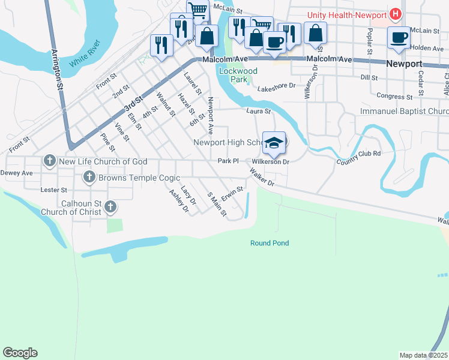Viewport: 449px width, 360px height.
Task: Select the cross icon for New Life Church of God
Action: pyautogui.click(x=49, y=161)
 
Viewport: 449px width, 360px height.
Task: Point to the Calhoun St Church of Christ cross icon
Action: pyautogui.click(x=110, y=207)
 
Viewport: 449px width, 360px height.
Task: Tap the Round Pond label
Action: pyautogui.click(x=270, y=243)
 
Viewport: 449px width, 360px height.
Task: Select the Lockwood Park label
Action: pyautogui.click(x=238, y=75)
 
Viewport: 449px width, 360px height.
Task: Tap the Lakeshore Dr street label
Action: pyautogui.click(x=277, y=86)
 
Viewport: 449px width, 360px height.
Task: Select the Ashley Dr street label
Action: pyautogui.click(x=179, y=201)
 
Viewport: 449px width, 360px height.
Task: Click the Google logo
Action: pyautogui.click(x=20, y=353)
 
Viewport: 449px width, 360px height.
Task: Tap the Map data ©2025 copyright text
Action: pyautogui.click(x=423, y=355)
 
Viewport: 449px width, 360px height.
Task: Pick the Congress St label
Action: pyautogui.click(x=394, y=96)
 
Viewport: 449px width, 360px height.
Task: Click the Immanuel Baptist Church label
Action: pyautogui.click(x=404, y=112)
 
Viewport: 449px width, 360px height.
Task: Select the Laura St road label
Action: pyautogui.click(x=259, y=111)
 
